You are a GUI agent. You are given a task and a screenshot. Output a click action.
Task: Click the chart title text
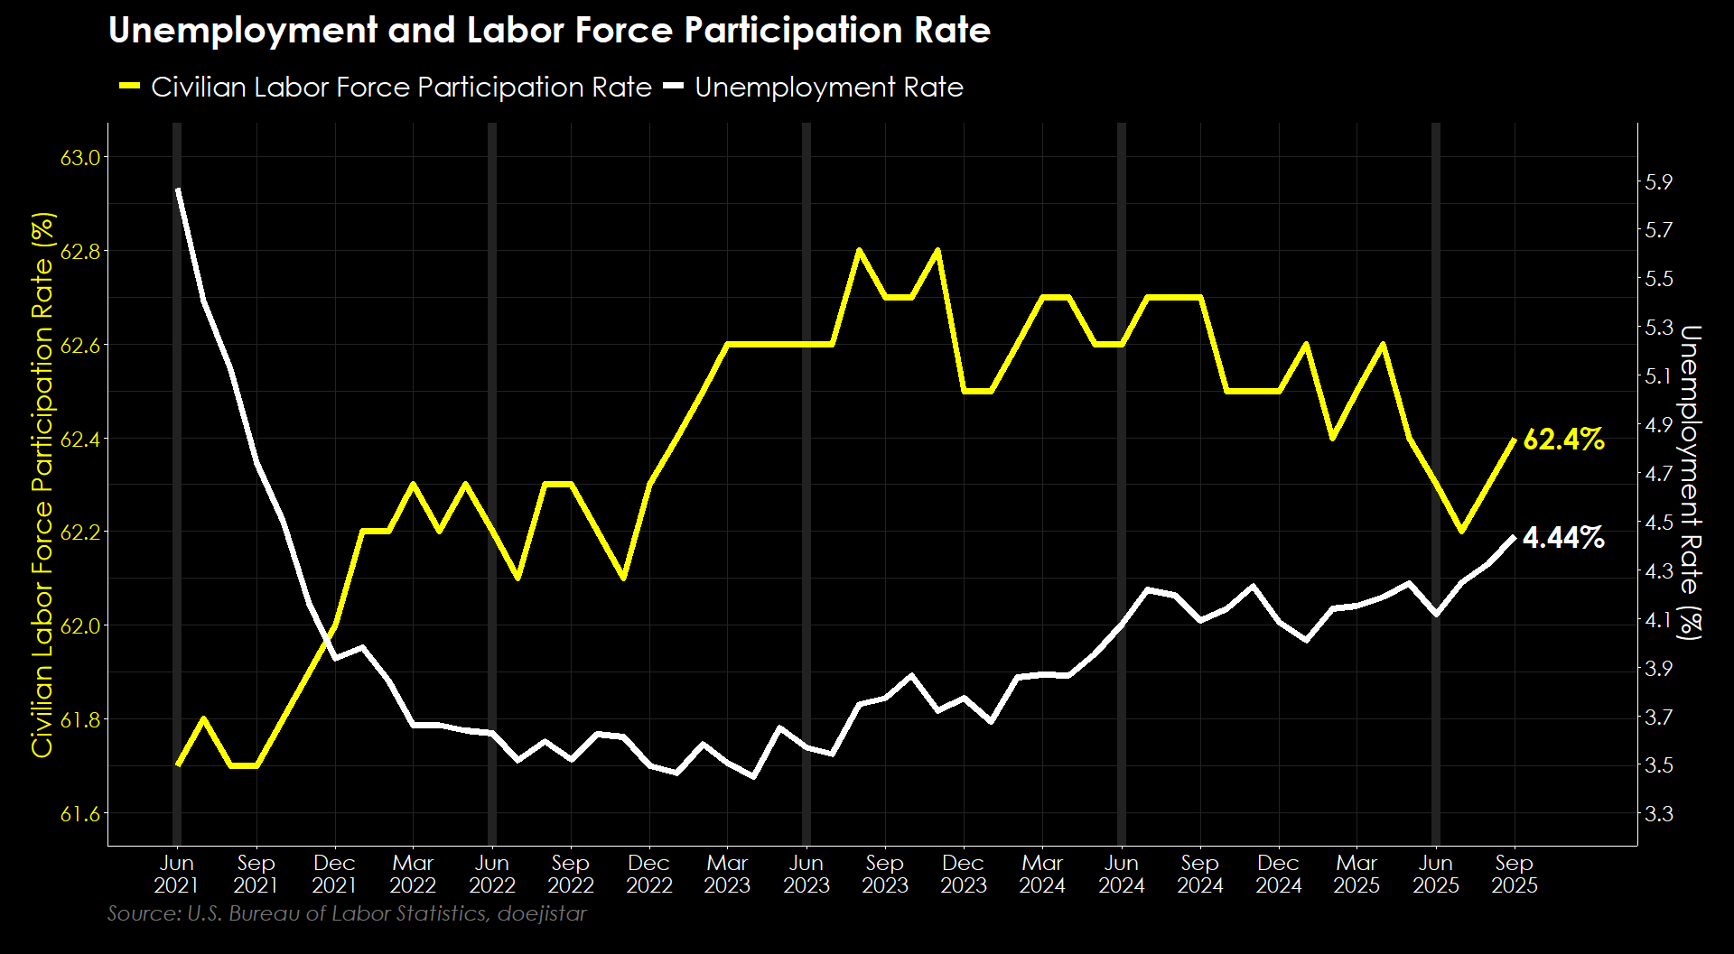tap(549, 31)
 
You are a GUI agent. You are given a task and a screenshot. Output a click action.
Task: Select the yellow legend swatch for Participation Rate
tap(130, 87)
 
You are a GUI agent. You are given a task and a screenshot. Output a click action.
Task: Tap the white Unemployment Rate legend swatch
tap(674, 87)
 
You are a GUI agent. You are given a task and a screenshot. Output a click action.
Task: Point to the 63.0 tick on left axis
tap(79, 158)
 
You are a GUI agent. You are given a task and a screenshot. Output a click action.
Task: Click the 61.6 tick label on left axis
tap(79, 814)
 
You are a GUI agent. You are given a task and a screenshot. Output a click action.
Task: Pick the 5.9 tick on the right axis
tap(1659, 181)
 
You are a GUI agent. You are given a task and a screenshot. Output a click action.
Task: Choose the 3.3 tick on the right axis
tap(1659, 814)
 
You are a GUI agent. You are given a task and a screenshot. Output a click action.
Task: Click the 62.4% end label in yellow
tap(1563, 440)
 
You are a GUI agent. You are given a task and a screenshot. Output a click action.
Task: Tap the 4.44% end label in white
tap(1563, 538)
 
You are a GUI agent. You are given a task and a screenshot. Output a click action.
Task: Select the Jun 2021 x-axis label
tap(177, 874)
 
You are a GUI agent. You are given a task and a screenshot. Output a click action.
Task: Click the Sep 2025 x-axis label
tap(1515, 874)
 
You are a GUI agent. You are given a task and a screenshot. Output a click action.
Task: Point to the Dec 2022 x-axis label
tap(649, 874)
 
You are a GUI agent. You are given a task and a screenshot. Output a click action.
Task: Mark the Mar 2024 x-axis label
tap(1042, 874)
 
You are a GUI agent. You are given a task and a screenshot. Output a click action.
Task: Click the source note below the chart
tap(347, 913)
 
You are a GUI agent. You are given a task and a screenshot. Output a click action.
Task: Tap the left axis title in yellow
tap(42, 485)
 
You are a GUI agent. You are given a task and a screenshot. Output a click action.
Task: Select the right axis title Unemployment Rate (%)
tap(1690, 483)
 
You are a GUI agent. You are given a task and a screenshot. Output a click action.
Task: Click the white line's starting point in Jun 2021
tap(179, 190)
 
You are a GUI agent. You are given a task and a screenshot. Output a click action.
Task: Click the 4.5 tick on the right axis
tap(1659, 523)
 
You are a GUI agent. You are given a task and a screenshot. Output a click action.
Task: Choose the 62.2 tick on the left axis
tap(79, 533)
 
